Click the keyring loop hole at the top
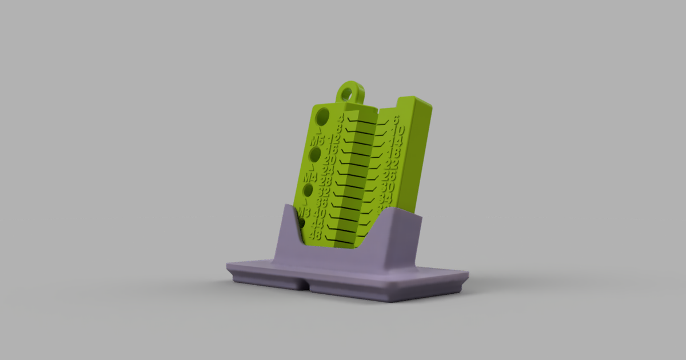coord(349,91)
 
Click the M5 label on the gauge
coord(318,140)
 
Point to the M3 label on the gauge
coord(303,213)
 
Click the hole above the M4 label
coord(315,154)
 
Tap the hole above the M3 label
coord(309,190)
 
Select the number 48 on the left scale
coord(315,234)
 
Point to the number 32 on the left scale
coord(324,192)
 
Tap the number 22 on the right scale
coord(392,165)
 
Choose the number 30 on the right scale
coord(388,187)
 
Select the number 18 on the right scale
coord(393,153)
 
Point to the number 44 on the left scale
coord(317,224)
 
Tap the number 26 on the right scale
coord(389,176)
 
